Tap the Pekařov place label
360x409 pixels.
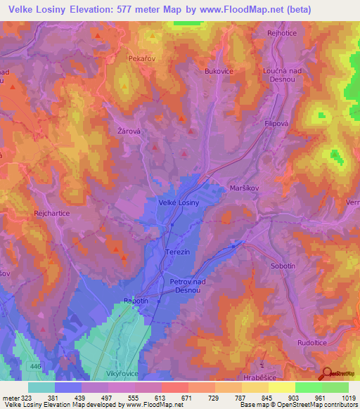tap(141, 59)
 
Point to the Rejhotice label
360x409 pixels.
tap(282, 33)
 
